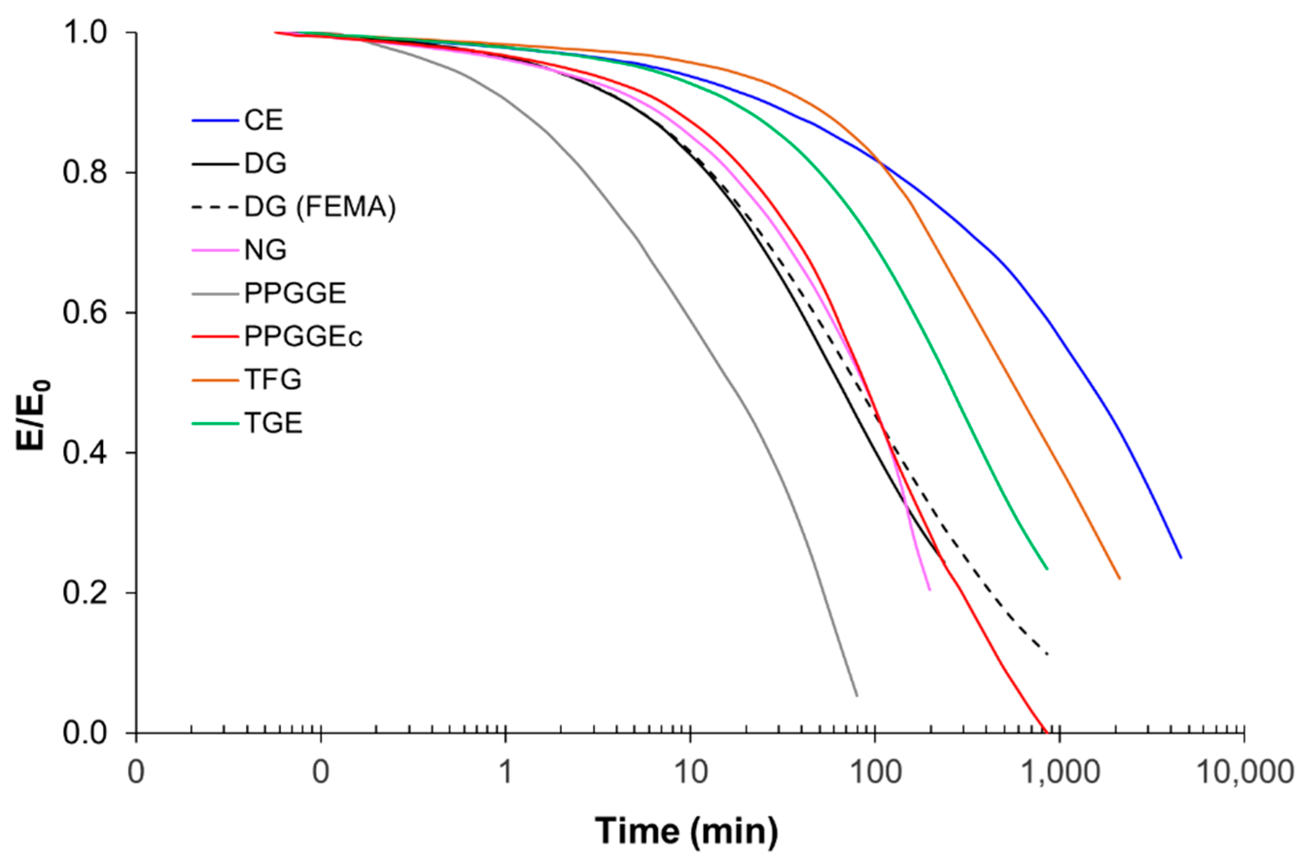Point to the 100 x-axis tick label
(874, 773)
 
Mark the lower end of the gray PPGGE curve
(857, 696)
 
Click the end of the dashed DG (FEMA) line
(1047, 654)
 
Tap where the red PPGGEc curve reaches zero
(1044, 732)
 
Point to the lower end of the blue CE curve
(1180, 558)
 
